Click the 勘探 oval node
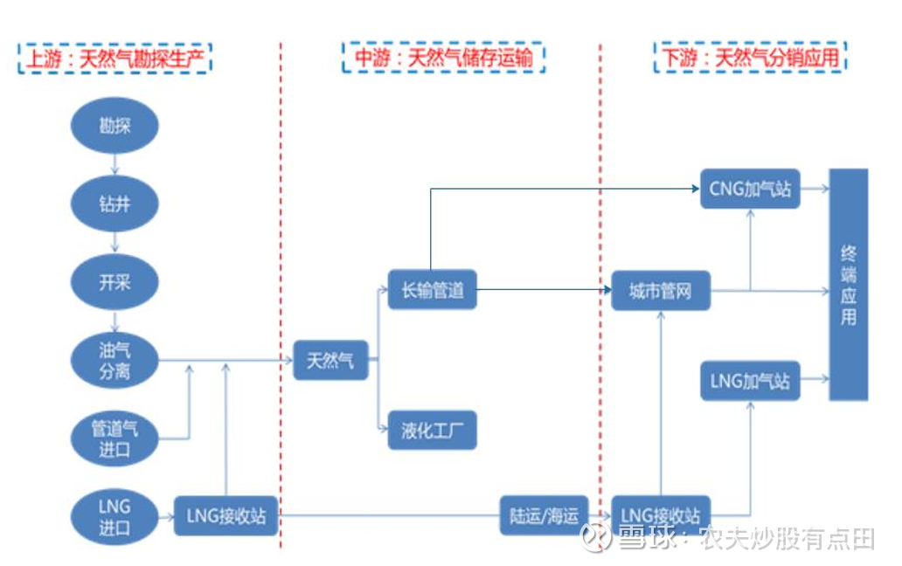pos(114,126)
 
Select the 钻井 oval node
pos(114,204)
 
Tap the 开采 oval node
pos(114,282)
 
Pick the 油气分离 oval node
pos(114,361)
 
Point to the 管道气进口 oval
pos(114,438)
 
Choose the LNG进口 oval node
pos(114,517)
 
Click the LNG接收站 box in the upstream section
pos(225,516)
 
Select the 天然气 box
pos(330,360)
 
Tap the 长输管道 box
pos(432,290)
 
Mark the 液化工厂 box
pos(432,430)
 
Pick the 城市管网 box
pos(660,291)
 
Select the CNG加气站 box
pos(750,189)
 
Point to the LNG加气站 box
pos(750,381)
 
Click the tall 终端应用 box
pos(848,285)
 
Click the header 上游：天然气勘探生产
pos(114,59)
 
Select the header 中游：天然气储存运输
pos(443,59)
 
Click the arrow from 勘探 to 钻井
pos(114,165)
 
